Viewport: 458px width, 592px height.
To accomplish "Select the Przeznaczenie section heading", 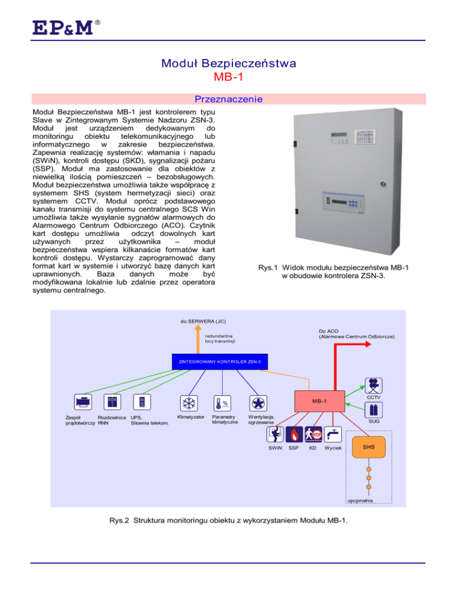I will point(229,99).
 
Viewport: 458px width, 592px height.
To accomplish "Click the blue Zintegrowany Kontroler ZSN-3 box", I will point(220,361).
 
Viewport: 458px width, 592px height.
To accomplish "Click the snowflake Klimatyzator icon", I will point(189,403).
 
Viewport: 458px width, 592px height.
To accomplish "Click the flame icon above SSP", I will point(294,434).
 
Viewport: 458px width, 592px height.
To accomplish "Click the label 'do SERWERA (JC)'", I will point(203,322).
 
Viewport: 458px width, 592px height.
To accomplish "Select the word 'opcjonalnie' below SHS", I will point(360,500).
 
